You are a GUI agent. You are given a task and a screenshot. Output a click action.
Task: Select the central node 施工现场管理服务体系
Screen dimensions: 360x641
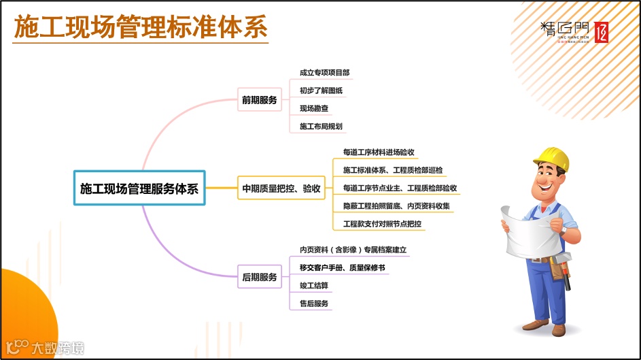(139, 189)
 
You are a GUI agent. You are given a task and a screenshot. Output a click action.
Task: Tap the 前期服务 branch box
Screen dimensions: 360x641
(260, 100)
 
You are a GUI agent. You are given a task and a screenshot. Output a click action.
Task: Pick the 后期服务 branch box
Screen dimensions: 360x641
(260, 277)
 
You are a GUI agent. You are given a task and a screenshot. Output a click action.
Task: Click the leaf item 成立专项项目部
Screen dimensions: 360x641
(324, 73)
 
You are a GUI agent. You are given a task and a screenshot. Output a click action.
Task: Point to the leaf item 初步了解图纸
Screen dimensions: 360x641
(320, 91)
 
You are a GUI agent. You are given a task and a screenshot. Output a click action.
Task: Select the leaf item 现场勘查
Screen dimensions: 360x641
(314, 108)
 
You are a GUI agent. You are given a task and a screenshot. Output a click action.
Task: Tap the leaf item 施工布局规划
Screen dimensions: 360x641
(321, 127)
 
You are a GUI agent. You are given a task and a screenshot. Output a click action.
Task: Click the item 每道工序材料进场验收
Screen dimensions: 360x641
(379, 152)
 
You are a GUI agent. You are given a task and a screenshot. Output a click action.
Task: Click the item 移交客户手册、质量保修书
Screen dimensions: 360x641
(342, 268)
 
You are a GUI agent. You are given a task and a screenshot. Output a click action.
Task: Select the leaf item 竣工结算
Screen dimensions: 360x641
(314, 286)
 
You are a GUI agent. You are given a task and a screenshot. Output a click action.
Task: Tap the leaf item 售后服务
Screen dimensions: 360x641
(314, 304)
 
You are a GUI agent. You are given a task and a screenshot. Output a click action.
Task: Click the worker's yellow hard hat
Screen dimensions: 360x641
(551, 157)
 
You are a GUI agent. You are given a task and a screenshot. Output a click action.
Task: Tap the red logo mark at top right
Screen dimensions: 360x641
(600, 32)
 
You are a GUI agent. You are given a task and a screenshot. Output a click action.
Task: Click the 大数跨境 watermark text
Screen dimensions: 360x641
(58, 348)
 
